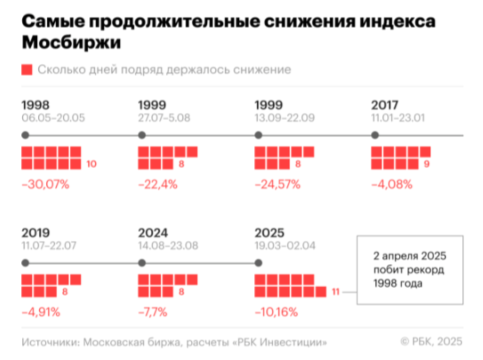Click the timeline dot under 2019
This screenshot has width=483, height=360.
(25, 262)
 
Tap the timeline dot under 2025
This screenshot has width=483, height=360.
(259, 262)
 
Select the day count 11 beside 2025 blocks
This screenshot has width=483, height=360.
(335, 292)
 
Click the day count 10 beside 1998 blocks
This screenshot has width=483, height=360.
(92, 164)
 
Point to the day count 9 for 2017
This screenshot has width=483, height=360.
(427, 164)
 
